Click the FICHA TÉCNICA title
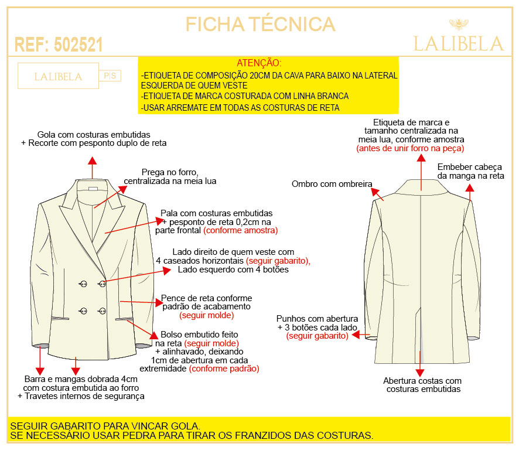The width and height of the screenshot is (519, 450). point(260,24)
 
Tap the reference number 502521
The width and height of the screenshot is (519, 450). point(78,45)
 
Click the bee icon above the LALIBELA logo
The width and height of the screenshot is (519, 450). point(459,24)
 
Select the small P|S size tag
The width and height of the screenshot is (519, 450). point(110,76)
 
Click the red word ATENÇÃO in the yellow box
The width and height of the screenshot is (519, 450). point(259,63)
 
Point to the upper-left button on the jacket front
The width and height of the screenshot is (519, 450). point(83,284)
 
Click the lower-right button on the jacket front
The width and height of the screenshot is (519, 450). point(103,311)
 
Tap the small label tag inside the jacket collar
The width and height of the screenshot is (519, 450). point(93,189)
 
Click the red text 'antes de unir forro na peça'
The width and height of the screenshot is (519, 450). point(410,148)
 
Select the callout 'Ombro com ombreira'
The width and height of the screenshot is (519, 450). point(332,184)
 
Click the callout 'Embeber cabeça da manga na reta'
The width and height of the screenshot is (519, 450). point(470,171)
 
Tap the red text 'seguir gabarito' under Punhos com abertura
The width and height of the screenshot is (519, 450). point(317,336)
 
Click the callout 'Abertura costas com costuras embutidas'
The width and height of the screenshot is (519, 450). point(423,385)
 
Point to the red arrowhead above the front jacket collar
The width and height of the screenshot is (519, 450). point(93,161)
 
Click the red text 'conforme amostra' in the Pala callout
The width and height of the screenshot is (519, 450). point(241,230)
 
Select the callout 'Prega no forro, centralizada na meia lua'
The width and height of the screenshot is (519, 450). point(170,176)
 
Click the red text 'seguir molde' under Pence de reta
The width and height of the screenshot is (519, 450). point(207,315)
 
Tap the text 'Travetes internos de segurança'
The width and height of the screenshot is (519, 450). point(84,396)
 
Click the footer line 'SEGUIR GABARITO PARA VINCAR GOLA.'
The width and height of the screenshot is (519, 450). point(105,426)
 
